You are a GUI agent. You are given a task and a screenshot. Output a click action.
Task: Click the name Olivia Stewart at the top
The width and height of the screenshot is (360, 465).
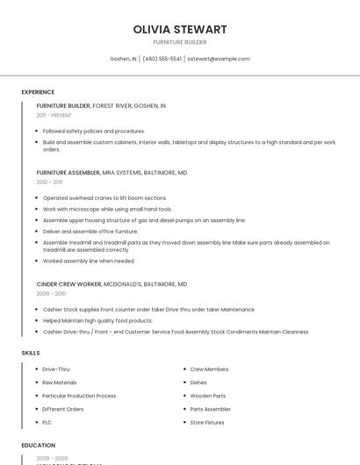point(180,29)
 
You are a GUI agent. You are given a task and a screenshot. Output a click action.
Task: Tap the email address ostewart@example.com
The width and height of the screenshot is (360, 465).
point(219,59)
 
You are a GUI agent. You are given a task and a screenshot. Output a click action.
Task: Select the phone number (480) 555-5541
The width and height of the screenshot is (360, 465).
point(162,59)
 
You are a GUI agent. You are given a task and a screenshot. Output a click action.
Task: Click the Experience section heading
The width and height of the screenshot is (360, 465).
point(38,92)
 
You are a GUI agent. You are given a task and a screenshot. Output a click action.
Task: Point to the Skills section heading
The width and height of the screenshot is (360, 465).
point(31,353)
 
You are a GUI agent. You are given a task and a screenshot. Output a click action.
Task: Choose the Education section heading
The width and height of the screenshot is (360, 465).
point(38,445)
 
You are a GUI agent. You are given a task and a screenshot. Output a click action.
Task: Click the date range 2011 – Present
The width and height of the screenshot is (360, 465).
point(54,115)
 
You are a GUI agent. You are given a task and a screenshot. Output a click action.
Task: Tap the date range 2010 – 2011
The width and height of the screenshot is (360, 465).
point(49,182)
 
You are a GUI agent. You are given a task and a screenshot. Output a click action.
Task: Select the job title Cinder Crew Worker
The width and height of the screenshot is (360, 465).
point(69,284)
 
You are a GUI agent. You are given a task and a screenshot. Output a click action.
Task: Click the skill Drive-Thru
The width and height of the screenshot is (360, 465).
point(56,369)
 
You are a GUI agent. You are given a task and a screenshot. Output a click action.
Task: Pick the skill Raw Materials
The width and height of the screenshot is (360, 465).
point(60,383)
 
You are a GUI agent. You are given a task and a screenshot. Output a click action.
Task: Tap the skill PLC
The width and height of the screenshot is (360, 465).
point(47,422)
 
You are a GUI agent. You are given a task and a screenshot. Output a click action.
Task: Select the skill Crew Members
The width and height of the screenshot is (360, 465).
point(209,369)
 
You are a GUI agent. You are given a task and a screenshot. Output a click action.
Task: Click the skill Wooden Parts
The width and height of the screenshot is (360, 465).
point(208,396)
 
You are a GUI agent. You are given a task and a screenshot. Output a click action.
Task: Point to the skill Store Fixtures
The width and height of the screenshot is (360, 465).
point(207,422)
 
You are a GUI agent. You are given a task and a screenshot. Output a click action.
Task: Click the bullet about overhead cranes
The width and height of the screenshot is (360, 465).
point(104,198)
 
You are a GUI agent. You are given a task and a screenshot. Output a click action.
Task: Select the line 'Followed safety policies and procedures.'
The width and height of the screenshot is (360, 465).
point(94,131)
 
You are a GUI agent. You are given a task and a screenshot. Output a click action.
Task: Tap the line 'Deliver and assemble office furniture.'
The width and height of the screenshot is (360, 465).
point(90,232)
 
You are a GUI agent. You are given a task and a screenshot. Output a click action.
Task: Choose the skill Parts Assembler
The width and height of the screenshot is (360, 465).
point(211,409)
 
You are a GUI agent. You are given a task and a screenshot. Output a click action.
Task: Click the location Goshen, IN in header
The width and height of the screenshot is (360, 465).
point(123,59)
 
